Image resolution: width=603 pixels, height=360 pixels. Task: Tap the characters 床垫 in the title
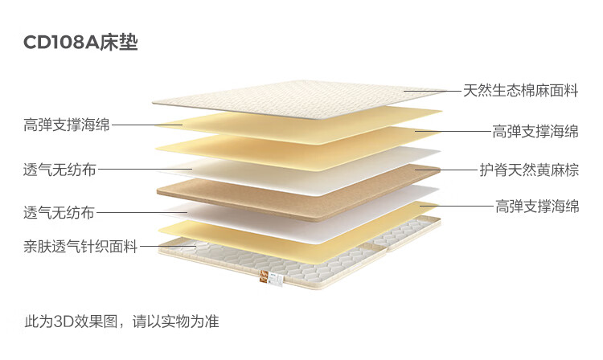pos(119,42)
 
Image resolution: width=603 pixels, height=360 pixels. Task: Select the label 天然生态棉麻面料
pos(521,90)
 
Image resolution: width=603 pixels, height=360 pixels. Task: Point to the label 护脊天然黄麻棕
pos(529,170)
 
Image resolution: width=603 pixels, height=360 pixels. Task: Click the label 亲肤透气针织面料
pos(80,247)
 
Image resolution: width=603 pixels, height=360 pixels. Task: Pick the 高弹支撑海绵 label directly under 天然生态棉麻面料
pos(535,131)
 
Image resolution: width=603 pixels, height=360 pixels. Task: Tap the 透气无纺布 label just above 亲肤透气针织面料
pos(59,213)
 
